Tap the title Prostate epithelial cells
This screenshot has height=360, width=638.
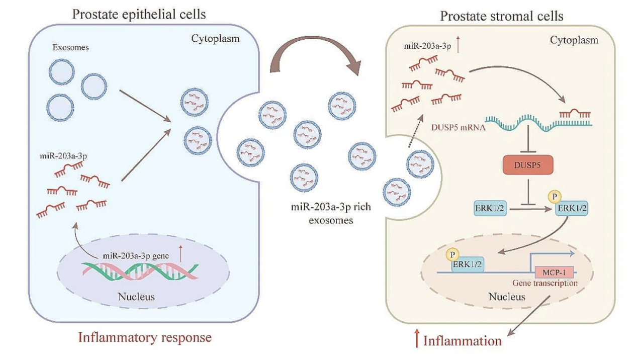[x=139, y=14]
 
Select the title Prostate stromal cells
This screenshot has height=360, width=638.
[x=501, y=16]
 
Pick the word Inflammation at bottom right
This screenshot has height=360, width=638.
[x=463, y=341]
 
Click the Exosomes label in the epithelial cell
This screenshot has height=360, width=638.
[x=71, y=49]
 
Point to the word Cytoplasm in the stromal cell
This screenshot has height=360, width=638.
[x=575, y=40]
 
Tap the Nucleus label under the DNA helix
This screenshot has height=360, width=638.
[x=136, y=297]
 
